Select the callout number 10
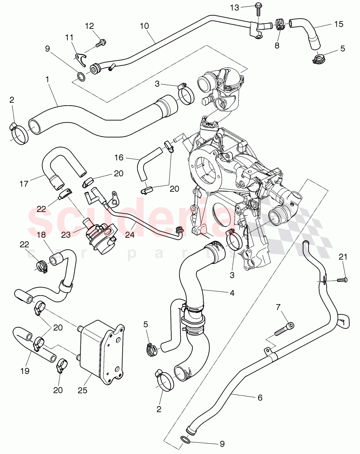click(144, 26)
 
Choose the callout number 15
click(339, 24)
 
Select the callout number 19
click(25, 371)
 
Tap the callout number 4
click(232, 293)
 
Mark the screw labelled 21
click(340, 280)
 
